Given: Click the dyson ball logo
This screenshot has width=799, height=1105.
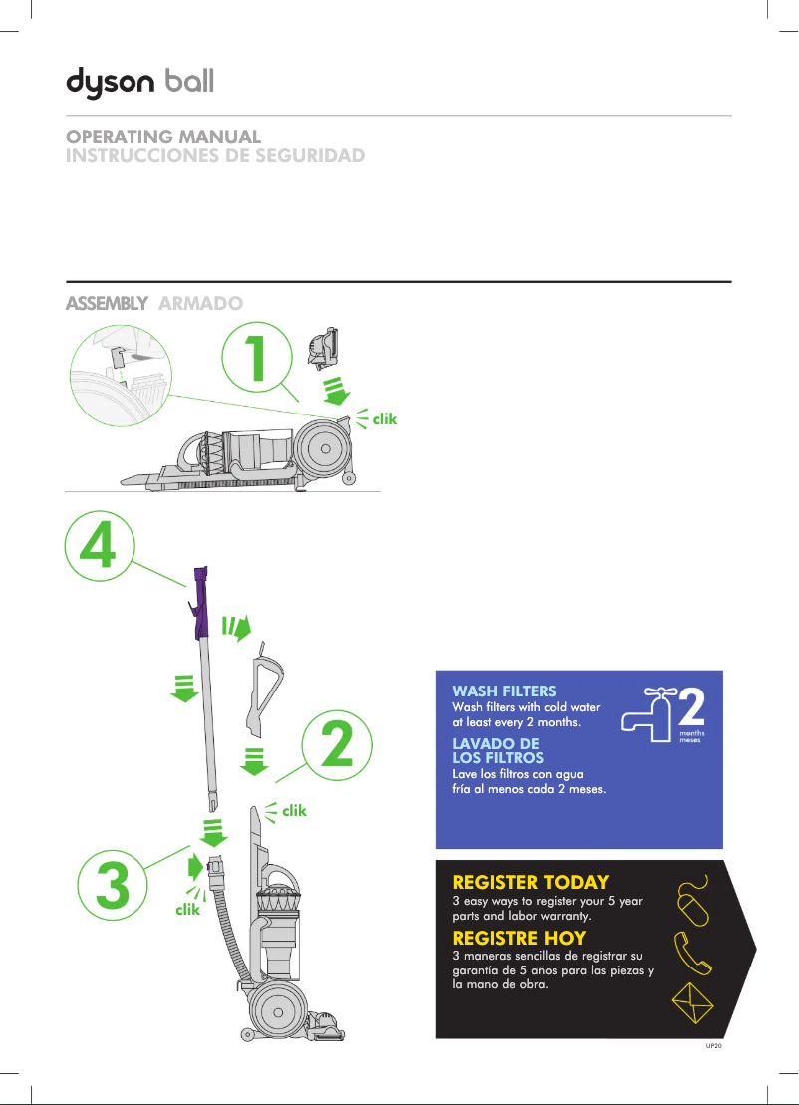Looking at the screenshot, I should [139, 81].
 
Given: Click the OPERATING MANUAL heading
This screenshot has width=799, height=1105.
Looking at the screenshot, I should [163, 137].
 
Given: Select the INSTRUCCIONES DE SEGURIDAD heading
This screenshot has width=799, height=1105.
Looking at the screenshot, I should [214, 156].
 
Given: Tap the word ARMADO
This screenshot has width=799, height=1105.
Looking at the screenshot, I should [200, 303].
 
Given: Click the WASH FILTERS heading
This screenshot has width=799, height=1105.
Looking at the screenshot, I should [504, 691].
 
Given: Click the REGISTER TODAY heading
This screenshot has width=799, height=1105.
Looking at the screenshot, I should [530, 882].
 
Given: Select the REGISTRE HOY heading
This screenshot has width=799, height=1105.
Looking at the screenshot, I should [519, 938].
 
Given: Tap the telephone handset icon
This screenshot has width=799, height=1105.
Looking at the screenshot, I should [693, 954].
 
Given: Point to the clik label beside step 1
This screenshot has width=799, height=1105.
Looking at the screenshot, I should [385, 419].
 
